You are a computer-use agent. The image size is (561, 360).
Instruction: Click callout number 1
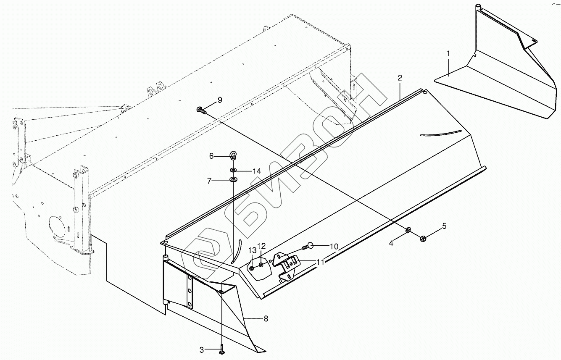coord(448,53)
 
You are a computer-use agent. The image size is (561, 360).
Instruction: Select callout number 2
coord(400,77)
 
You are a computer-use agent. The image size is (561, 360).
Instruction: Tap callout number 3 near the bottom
coord(202,349)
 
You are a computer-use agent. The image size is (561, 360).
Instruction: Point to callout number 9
coord(219,100)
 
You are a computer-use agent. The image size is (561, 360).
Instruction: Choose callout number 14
coord(256,171)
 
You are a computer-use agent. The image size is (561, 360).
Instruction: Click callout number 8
coord(266,318)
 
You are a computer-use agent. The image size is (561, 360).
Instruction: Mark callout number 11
coord(321,262)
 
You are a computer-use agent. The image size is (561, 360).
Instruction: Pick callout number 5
coord(444,226)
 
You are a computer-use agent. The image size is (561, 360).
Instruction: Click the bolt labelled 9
coord(200,110)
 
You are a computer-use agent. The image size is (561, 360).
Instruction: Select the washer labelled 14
coord(232,171)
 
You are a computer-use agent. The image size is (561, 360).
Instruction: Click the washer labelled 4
coord(408,230)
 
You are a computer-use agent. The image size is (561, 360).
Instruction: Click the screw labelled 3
coord(221,348)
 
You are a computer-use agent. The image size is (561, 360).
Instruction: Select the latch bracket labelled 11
coord(287,265)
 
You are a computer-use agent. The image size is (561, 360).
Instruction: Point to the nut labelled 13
coord(251,268)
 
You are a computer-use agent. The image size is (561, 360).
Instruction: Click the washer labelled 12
coord(261,264)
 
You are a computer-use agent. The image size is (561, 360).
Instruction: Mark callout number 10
coord(334,247)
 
